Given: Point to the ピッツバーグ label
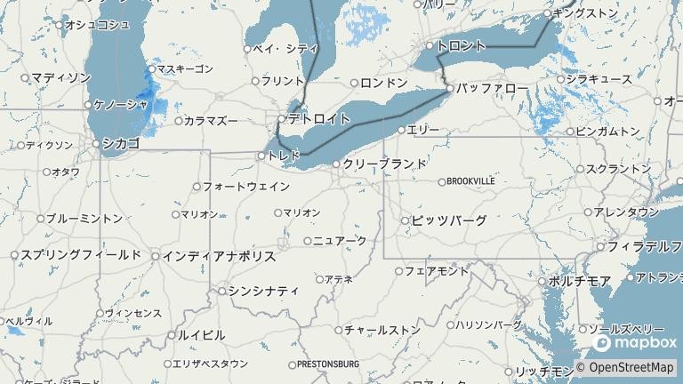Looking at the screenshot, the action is pyautogui.click(x=450, y=220).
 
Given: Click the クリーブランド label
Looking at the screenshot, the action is pyautogui.click(x=385, y=164).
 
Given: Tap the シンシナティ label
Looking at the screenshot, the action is pyautogui.click(x=263, y=290).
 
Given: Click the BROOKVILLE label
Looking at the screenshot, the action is pyautogui.click(x=470, y=181).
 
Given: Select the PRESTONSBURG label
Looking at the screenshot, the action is pyautogui.click(x=328, y=364).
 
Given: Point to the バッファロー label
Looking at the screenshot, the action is pyautogui.click(x=493, y=88).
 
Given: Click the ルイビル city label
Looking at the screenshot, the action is pyautogui.click(x=201, y=335).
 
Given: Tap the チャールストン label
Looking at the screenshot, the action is pyautogui.click(x=382, y=330).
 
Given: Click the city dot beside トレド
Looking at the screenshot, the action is pyautogui.click(x=261, y=156).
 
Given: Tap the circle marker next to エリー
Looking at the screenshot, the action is pyautogui.click(x=401, y=130).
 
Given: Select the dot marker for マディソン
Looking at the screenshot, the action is pyautogui.click(x=25, y=78).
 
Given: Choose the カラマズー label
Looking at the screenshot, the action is pyautogui.click(x=212, y=120).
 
